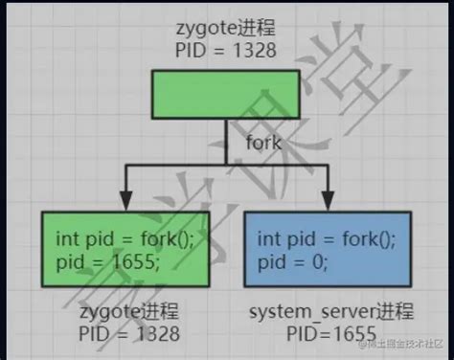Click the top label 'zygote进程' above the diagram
coord(227,28)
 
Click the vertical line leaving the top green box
coord(227,134)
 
